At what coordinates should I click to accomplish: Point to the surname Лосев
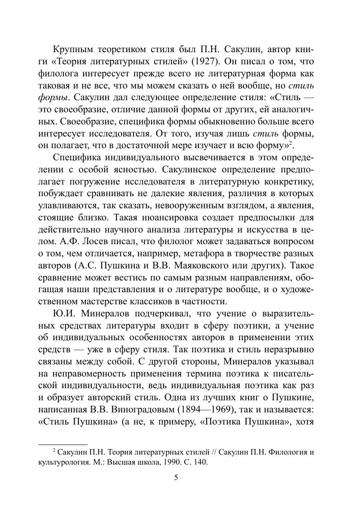coord(83,242)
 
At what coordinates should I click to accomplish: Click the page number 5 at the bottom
coord(176,478)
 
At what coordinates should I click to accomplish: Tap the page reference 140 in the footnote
coord(199,462)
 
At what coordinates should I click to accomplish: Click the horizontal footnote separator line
coord(63,445)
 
